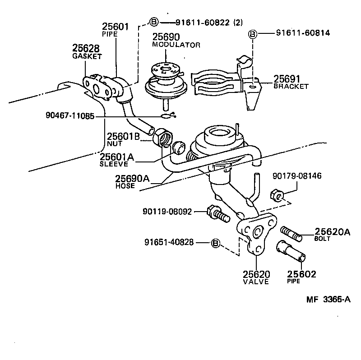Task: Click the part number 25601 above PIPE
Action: point(116,27)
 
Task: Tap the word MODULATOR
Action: point(176,45)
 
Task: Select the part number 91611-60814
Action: point(303,33)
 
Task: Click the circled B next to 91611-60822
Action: point(154,22)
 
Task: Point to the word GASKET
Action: point(87,56)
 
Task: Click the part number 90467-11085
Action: point(70,116)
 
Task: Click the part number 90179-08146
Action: point(296,176)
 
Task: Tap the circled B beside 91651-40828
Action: point(216,243)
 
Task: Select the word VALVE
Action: point(256,282)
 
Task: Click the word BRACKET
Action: point(291,86)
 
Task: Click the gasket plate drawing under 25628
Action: point(98,85)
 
